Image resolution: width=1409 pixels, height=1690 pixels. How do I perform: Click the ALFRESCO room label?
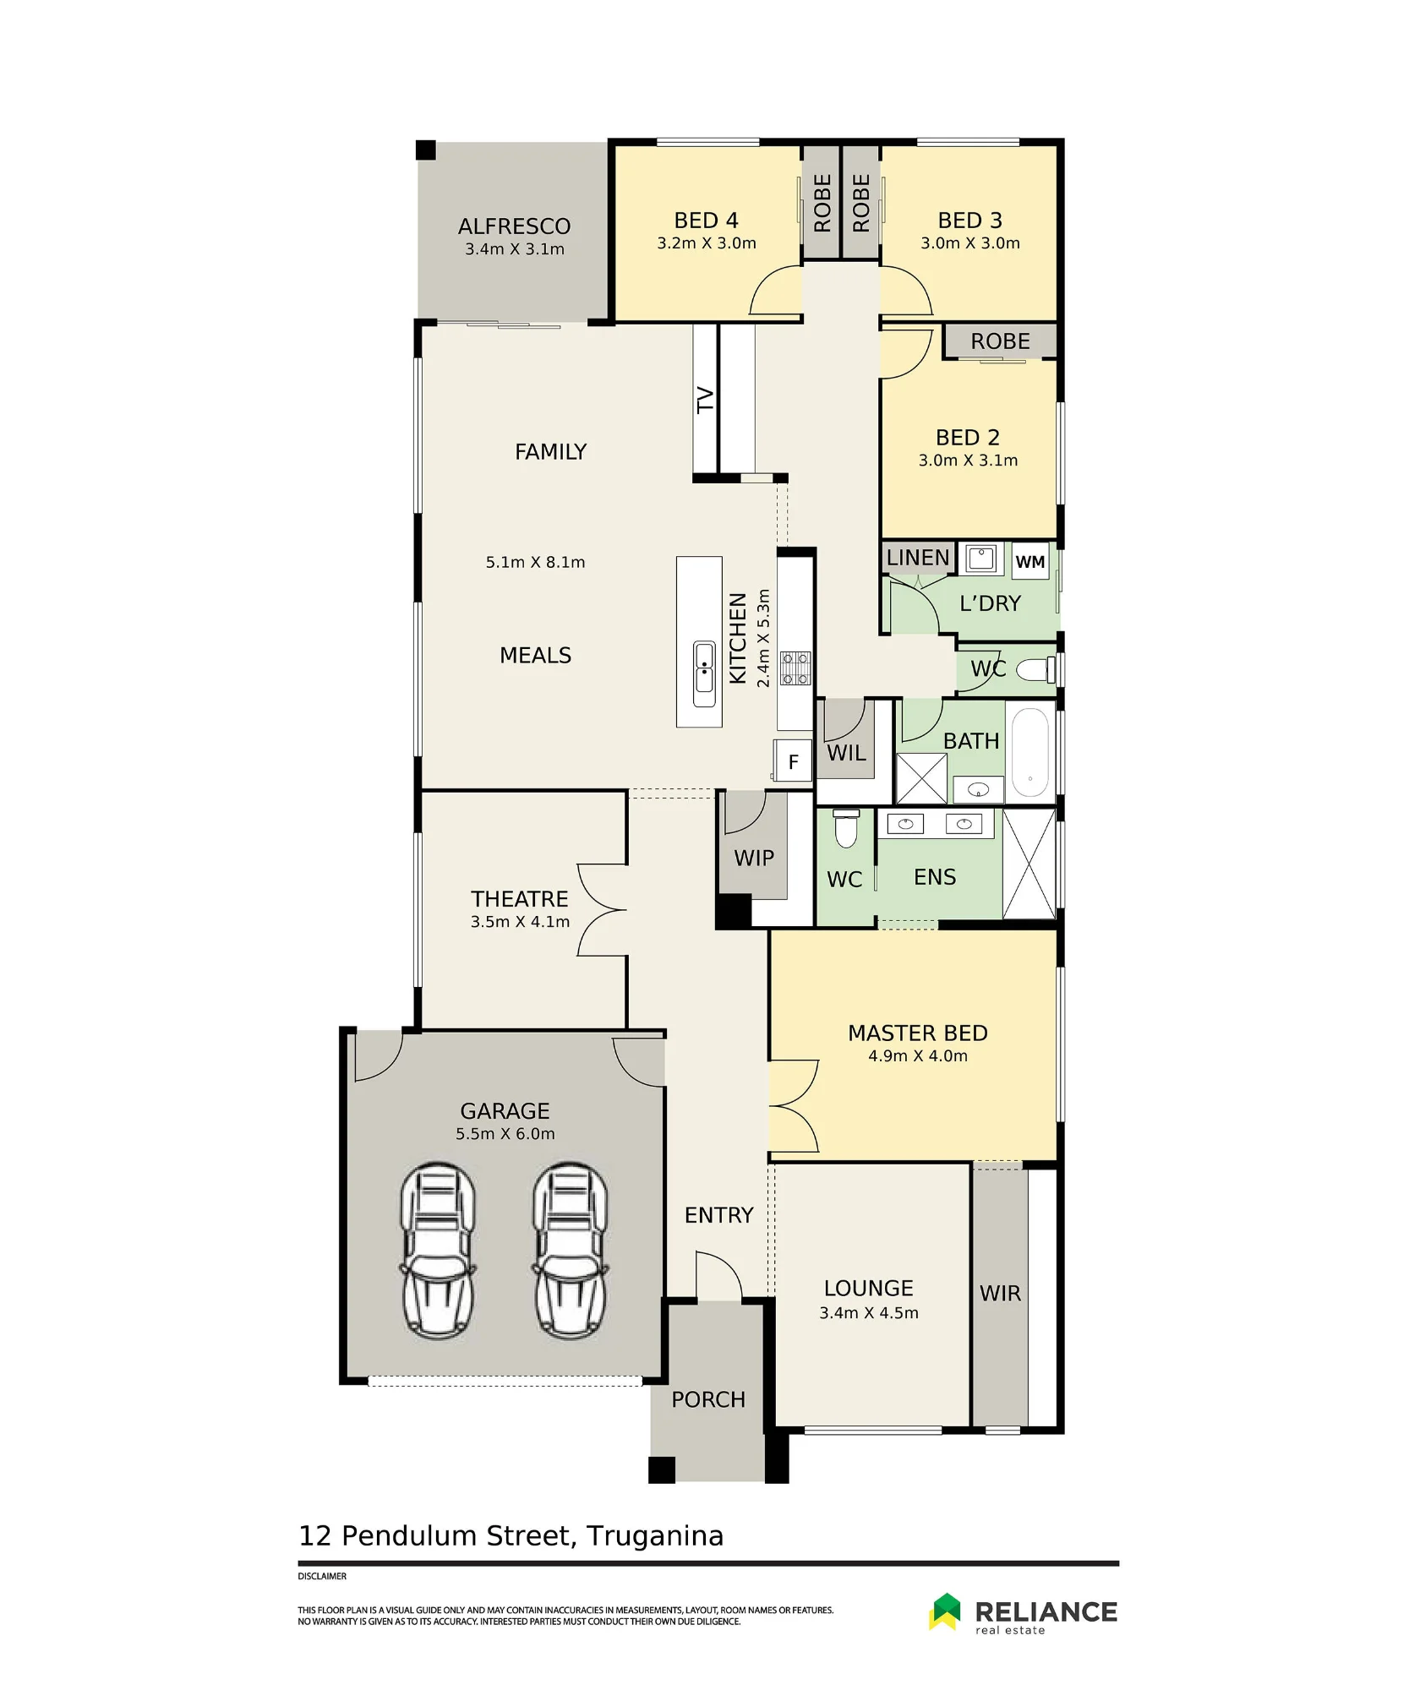514,226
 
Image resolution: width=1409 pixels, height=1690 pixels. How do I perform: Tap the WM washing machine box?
1029,561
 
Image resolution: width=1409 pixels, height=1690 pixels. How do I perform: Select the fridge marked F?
793,761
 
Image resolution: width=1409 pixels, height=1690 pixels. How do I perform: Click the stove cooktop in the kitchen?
795,668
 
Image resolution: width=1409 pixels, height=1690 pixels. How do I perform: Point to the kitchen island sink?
704,674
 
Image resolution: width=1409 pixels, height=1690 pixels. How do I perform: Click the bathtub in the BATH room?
1029,752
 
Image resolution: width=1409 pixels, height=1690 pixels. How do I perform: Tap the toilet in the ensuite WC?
846,828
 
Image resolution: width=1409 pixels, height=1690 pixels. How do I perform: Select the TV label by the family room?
705,400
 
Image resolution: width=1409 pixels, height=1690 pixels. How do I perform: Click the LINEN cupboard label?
918,558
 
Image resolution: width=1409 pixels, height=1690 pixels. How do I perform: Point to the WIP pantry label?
754,858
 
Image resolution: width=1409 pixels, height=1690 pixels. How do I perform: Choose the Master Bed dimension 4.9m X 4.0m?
918,1055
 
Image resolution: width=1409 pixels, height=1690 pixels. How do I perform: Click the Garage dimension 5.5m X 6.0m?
505,1133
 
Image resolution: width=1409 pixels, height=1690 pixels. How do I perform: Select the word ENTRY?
718,1215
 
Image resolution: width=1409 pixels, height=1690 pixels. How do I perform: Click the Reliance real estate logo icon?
946,1611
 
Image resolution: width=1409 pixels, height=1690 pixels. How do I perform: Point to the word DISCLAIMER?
322,1576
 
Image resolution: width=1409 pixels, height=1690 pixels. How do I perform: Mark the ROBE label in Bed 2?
1000,341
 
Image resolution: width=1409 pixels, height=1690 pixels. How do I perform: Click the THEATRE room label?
520,898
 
